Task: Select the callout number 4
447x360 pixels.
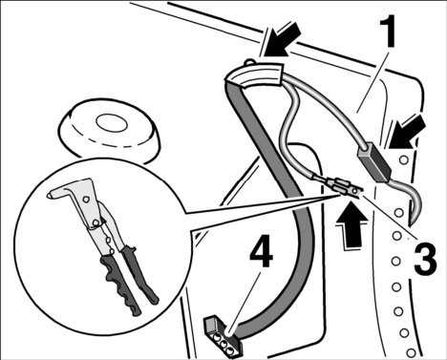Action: (261, 250)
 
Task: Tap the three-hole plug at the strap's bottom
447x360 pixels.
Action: (223, 337)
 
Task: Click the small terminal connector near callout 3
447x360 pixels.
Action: (344, 189)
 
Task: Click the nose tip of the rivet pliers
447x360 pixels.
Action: (49, 195)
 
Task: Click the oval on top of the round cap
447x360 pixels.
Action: (112, 122)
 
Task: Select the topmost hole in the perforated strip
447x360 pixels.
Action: (404, 159)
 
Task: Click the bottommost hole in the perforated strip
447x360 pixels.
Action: (411, 352)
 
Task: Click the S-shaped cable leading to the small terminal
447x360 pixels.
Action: (289, 134)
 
